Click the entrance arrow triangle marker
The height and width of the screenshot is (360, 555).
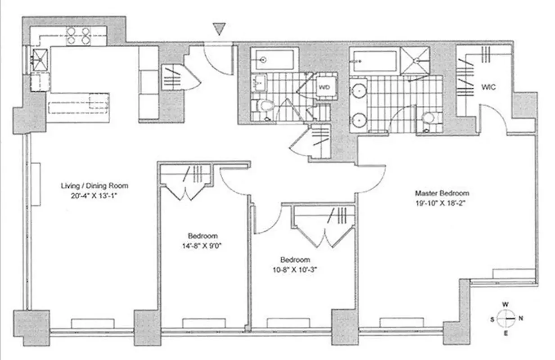(x=219, y=30)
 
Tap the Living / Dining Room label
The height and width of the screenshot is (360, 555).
(x=95, y=185)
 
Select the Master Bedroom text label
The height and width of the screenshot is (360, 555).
(x=442, y=193)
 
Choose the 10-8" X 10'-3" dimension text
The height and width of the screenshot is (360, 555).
(x=295, y=270)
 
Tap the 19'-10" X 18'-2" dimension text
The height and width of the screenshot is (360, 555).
(x=442, y=202)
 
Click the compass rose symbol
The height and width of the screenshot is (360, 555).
(x=506, y=318)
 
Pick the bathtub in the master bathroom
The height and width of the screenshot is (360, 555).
(x=373, y=61)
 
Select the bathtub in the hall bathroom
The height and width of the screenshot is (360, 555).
(x=273, y=59)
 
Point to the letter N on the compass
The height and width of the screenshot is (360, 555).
(x=521, y=318)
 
